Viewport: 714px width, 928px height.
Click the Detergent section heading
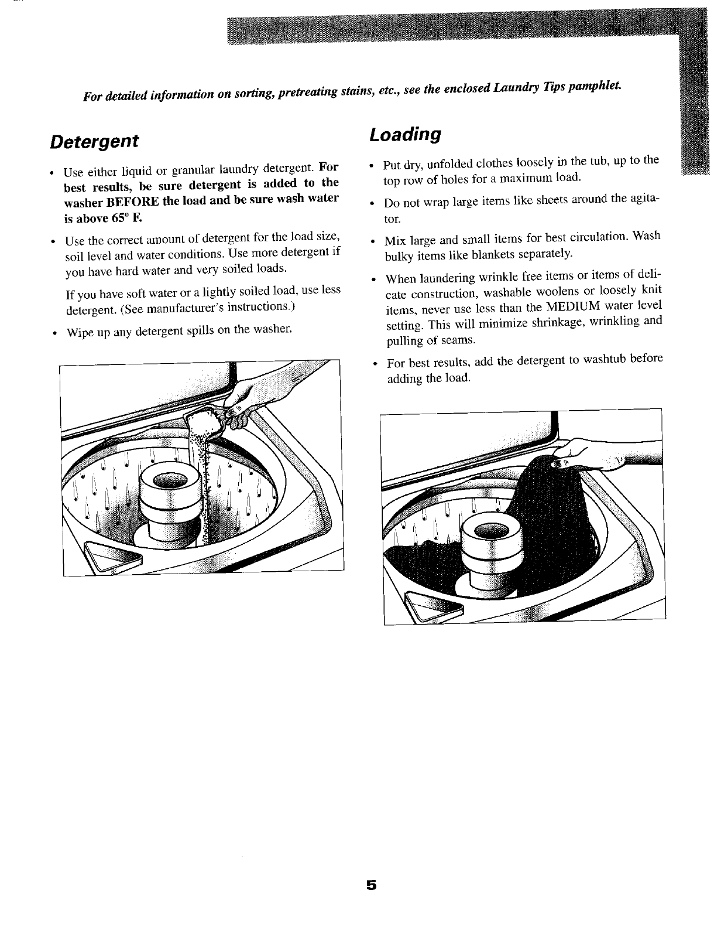94,141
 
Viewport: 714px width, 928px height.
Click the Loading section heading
404,134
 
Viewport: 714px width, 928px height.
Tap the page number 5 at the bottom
370,886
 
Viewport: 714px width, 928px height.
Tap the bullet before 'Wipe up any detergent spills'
54,332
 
